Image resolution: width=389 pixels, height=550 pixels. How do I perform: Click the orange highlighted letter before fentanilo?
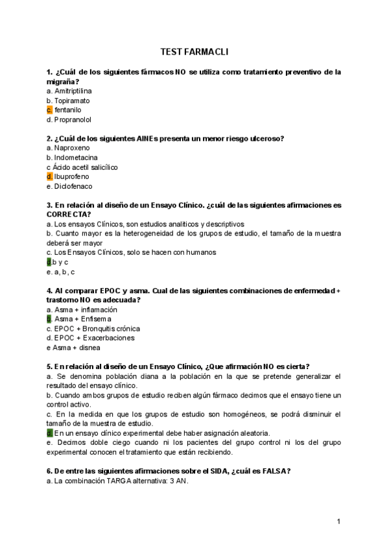coord(49,110)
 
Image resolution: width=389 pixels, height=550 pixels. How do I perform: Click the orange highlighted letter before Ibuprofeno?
coord(49,176)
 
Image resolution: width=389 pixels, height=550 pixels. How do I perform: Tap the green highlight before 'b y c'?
coord(49,262)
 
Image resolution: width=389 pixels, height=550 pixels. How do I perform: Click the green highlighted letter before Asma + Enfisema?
coord(49,319)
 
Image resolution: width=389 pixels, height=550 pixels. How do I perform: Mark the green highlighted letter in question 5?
coord(49,433)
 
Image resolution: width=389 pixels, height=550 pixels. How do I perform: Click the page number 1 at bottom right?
coord(338,521)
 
